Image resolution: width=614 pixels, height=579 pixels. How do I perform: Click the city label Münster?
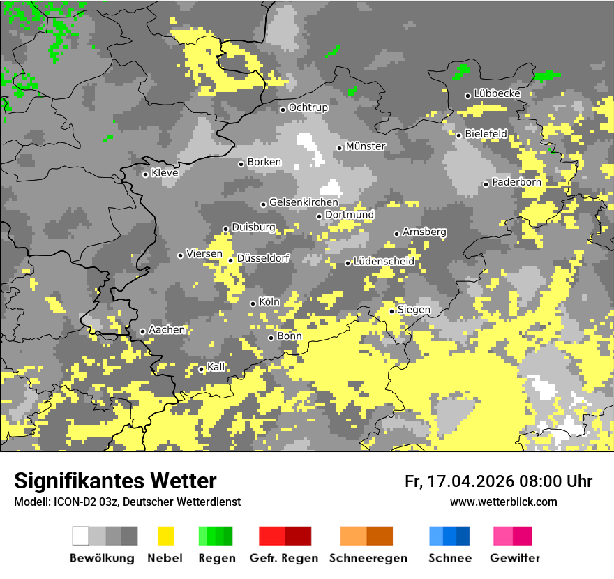pyautogui.click(x=366, y=146)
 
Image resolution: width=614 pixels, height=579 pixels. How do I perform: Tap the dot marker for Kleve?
pyautogui.click(x=145, y=174)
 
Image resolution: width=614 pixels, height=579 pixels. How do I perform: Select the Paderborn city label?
pyautogui.click(x=516, y=182)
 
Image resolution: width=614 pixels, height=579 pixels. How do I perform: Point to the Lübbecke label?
pyautogui.click(x=497, y=93)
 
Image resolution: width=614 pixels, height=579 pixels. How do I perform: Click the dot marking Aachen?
pyautogui.click(x=142, y=331)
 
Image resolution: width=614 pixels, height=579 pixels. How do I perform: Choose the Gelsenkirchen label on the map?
pyautogui.click(x=304, y=202)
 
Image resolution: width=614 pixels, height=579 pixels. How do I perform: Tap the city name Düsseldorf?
pyautogui.click(x=263, y=258)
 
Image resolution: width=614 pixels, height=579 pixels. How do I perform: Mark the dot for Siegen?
pyautogui.click(x=392, y=311)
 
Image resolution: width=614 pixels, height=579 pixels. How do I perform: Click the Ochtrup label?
pyautogui.click(x=308, y=107)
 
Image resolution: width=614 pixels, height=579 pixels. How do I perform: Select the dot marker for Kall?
pyautogui.click(x=202, y=369)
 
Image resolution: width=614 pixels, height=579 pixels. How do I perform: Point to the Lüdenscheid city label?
pyautogui.click(x=384, y=261)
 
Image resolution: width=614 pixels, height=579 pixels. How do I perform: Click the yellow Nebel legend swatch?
pyautogui.click(x=165, y=536)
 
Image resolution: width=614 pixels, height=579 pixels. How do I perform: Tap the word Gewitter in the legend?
pyautogui.click(x=514, y=558)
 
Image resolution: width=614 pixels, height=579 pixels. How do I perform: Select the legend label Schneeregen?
pyautogui.click(x=368, y=558)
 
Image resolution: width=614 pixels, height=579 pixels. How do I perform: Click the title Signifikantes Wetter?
pyautogui.click(x=115, y=481)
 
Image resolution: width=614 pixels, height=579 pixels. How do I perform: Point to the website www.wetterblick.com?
pyautogui.click(x=503, y=502)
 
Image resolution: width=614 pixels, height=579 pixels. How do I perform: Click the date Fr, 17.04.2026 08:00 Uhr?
pyautogui.click(x=498, y=481)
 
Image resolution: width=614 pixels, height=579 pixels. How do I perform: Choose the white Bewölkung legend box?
pyautogui.click(x=81, y=536)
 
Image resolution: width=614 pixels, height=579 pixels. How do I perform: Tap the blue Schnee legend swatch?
pyautogui.click(x=449, y=536)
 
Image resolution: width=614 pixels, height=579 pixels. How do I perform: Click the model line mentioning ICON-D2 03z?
pyautogui.click(x=127, y=502)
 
